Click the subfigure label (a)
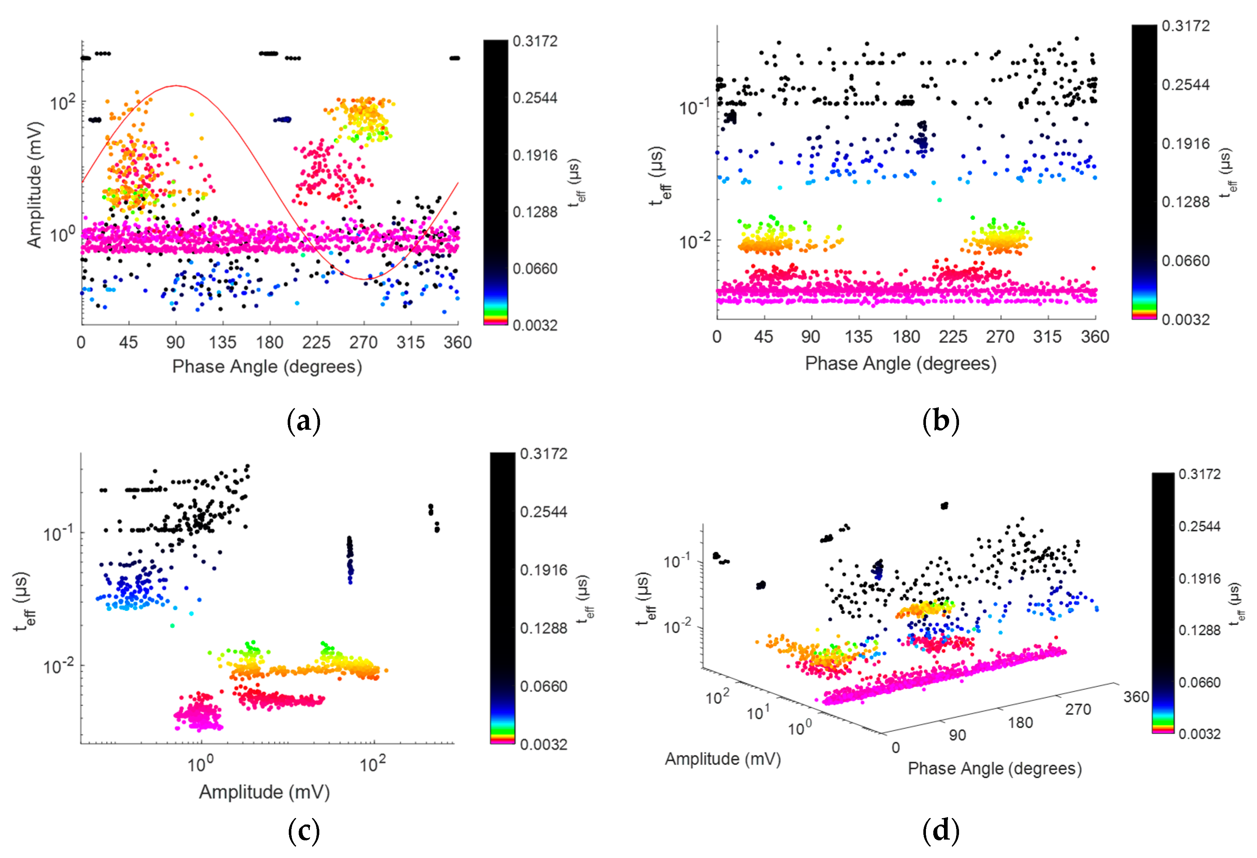[303, 421]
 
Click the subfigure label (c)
[303, 830]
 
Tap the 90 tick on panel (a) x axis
[175, 342]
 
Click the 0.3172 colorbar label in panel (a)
[535, 41]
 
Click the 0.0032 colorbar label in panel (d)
[1199, 734]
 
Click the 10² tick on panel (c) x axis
[372, 764]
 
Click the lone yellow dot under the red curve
[191, 114]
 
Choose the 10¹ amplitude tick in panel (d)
[758, 713]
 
